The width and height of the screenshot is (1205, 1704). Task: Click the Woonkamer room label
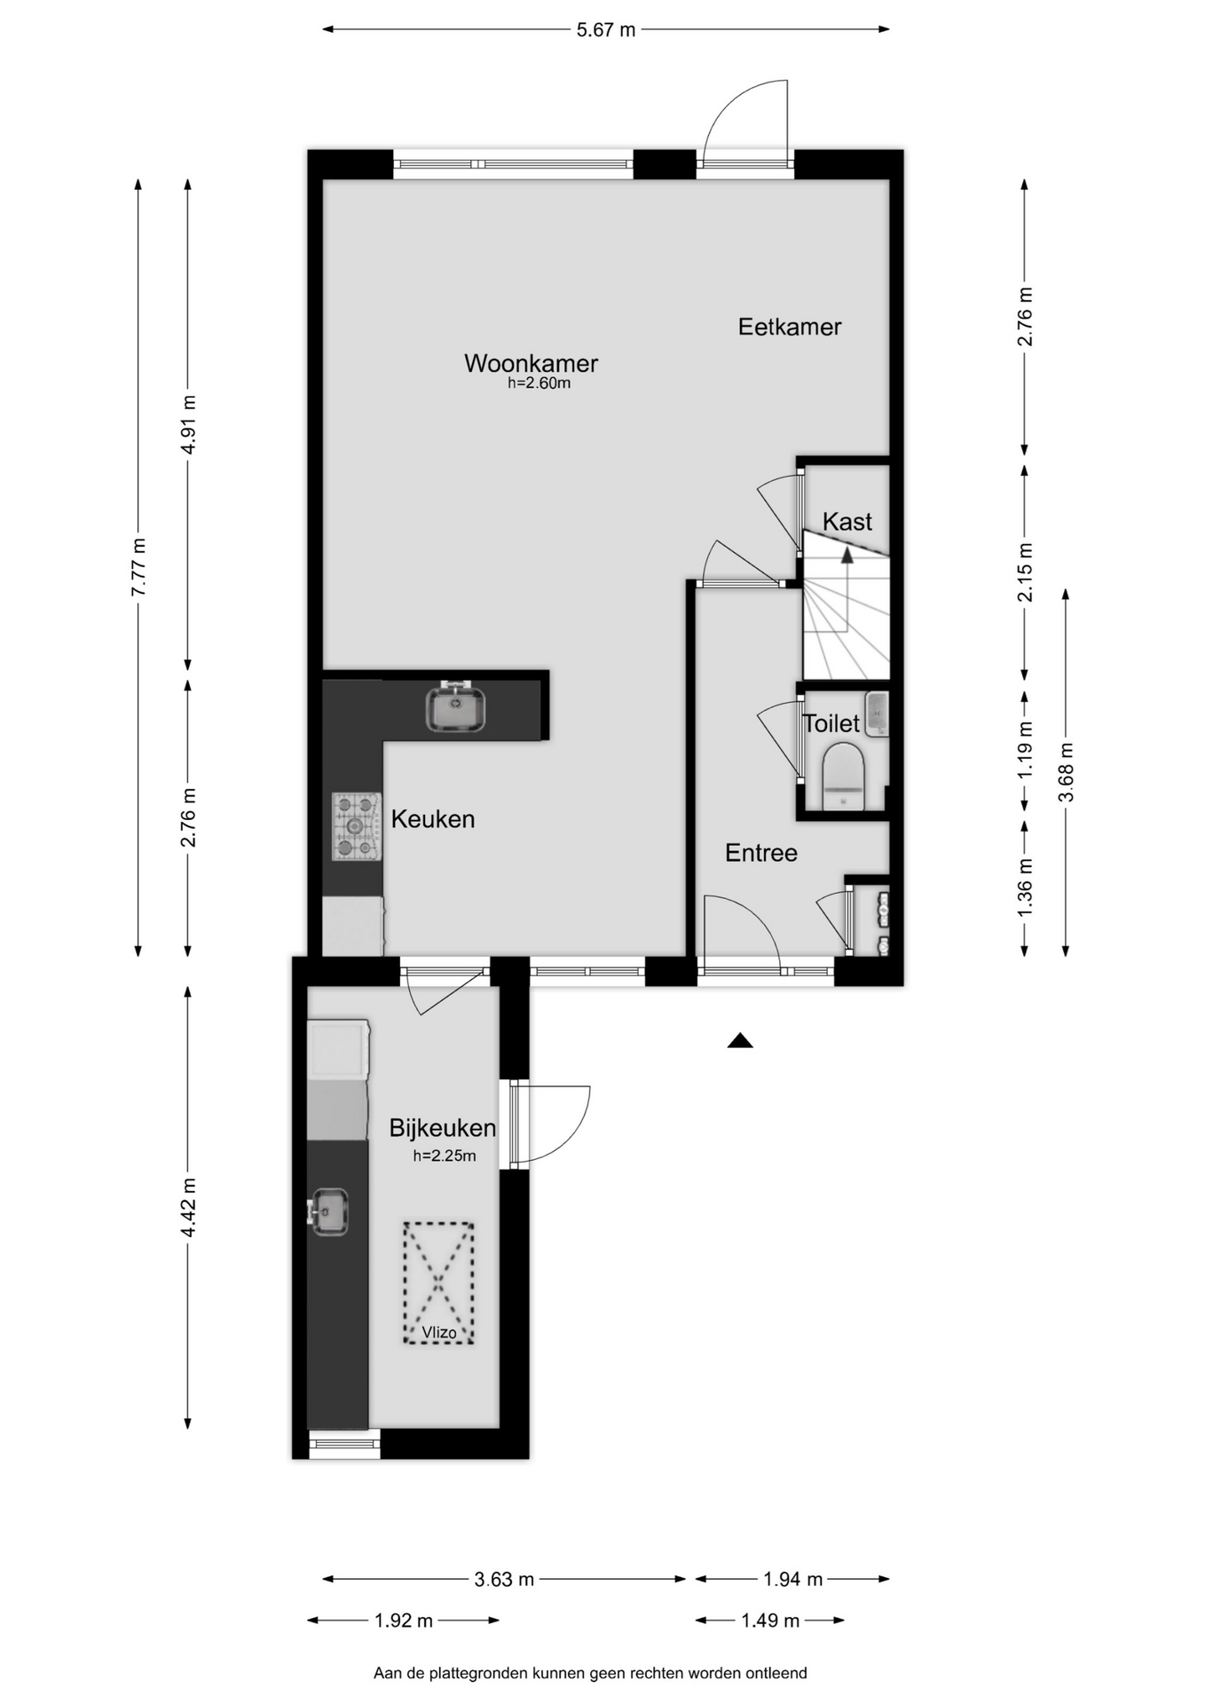(x=531, y=363)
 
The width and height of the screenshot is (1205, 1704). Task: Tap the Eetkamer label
(x=790, y=327)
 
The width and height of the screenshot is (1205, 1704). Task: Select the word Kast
(x=847, y=521)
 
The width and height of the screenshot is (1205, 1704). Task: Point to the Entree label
(x=761, y=853)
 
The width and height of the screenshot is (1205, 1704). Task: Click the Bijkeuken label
(x=443, y=1128)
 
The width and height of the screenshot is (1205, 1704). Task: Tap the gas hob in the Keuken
(x=357, y=826)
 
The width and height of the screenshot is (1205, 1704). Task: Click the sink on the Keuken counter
(x=455, y=707)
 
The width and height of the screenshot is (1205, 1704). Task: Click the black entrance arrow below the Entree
(x=740, y=1041)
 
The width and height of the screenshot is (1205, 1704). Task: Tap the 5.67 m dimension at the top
(x=606, y=29)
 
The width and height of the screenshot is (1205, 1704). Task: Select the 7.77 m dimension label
(x=138, y=568)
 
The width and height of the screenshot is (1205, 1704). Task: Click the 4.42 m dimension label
(x=188, y=1207)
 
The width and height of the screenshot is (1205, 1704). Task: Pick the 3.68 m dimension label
(x=1066, y=772)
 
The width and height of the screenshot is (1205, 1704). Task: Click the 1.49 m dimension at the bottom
(x=770, y=1621)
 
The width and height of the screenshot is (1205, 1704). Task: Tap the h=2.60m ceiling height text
(x=539, y=383)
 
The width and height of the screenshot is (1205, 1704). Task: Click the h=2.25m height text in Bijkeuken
(x=445, y=1156)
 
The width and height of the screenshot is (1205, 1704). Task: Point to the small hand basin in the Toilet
(x=877, y=714)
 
